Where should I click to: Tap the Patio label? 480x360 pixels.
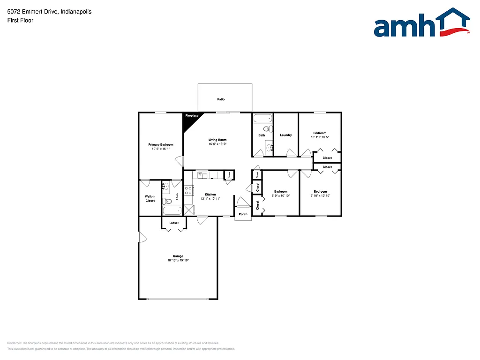221,99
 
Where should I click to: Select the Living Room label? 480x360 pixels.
217,140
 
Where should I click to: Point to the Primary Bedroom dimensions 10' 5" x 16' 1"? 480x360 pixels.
161,149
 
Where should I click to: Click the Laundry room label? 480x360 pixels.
286,135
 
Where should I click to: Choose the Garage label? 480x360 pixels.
178,256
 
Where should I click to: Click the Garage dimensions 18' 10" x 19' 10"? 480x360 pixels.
178,261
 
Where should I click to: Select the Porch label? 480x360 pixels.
243,214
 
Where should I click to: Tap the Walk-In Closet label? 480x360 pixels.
150,199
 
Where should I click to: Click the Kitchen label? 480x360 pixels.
210,194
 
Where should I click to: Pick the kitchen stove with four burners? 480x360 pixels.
188,190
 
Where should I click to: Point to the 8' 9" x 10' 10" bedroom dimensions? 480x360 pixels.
281,195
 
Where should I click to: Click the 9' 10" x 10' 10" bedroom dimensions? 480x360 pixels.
320,195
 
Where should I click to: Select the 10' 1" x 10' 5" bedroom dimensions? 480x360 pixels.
320,137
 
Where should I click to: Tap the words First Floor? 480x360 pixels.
20,21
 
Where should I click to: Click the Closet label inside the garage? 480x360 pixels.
174,223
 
